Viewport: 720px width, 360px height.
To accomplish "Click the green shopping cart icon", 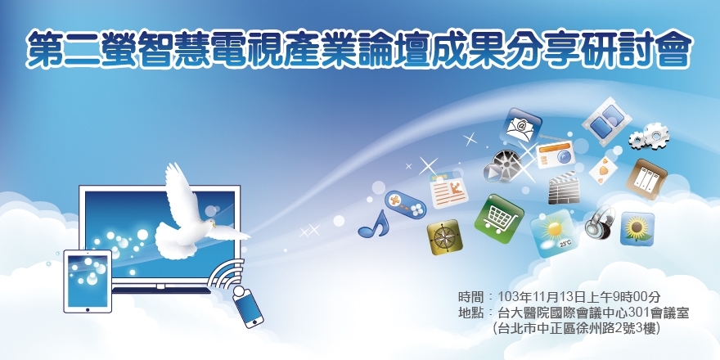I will (498, 218).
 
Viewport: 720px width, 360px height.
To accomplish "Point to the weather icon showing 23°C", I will (556, 234).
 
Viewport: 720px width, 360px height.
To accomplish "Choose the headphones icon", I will (600, 222).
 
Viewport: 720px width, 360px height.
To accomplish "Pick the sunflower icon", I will (637, 228).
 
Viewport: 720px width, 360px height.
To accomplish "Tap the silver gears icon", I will (650, 134).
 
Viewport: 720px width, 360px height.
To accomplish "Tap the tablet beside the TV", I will (88, 280).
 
